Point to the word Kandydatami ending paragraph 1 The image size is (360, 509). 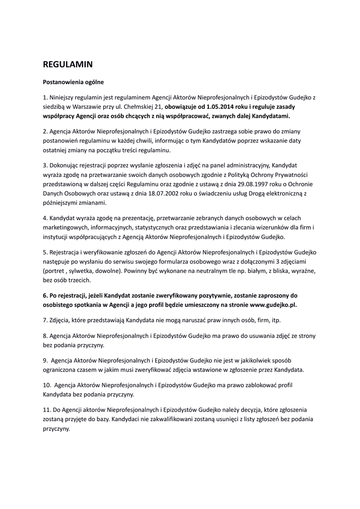tap(271, 116)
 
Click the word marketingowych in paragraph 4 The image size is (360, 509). tap(65, 227)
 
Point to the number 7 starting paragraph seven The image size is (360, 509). tap(45, 319)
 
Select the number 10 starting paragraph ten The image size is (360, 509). tap(46, 385)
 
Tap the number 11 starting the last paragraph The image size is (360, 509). tap(46, 409)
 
